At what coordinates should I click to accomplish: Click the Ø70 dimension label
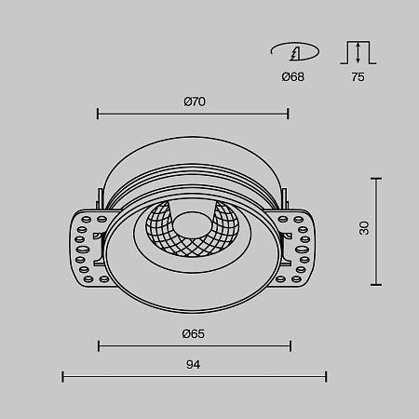194,101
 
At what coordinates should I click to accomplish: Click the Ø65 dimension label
194,332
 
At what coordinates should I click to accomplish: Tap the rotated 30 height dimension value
364,228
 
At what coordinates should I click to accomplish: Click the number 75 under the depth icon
358,76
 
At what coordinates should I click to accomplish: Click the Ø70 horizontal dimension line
193,115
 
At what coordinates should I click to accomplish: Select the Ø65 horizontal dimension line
193,346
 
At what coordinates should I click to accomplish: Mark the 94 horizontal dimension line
194,376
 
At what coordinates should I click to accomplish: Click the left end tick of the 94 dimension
62,376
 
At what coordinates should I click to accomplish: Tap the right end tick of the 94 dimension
326,376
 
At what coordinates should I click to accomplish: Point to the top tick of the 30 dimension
376,176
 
